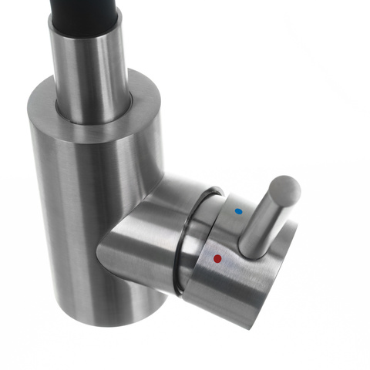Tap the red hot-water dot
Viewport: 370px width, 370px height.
point(217,258)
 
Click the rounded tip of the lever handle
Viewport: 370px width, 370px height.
point(286,187)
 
